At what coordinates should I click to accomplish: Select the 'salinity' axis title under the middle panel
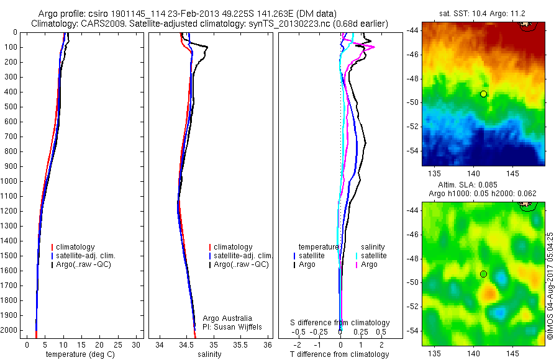209,354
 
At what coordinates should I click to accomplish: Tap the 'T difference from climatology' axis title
339,354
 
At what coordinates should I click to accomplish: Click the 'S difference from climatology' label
340,323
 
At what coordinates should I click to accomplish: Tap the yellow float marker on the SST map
483,94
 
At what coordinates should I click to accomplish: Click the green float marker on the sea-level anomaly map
483,274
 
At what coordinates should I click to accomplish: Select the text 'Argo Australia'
227,318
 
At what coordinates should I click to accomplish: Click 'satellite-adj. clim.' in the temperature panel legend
91,256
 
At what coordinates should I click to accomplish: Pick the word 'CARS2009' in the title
99,24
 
